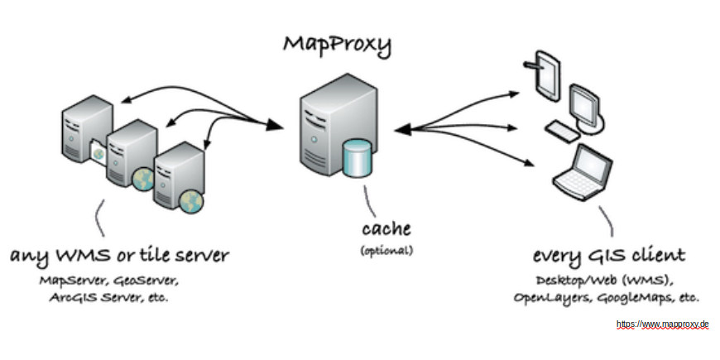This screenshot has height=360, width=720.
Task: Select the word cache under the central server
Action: pyautogui.click(x=386, y=228)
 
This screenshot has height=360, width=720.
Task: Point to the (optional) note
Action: pyautogui.click(x=386, y=249)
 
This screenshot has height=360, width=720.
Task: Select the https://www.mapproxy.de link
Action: pyautogui.click(x=663, y=325)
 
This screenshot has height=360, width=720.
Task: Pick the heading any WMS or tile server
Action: pyautogui.click(x=119, y=254)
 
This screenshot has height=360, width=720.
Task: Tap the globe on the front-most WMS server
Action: pyautogui.click(x=192, y=199)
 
